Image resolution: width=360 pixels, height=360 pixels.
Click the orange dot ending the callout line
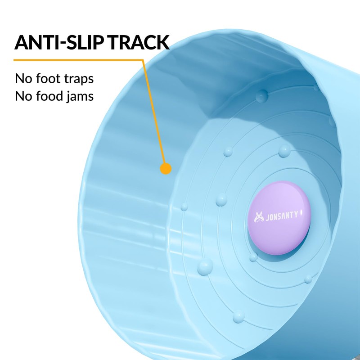[166, 169]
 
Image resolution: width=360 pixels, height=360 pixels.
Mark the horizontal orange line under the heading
[76, 59]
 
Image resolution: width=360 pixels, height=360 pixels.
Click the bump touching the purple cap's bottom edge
[254, 257]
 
